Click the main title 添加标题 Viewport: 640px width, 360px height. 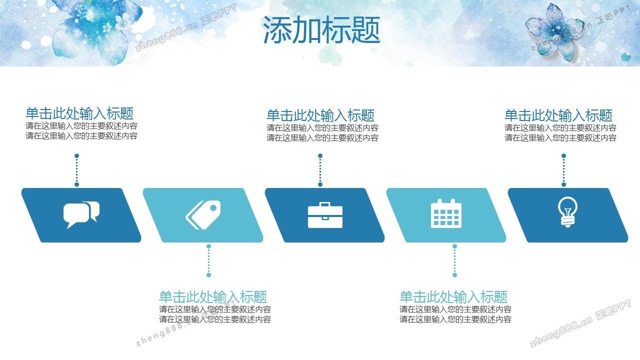321,29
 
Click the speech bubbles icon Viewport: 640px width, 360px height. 81,215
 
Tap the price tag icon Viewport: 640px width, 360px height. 203,215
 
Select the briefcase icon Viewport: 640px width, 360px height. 325,215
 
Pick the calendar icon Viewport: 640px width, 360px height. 446,213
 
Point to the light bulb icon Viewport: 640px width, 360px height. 567,211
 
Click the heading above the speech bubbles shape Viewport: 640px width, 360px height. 79,113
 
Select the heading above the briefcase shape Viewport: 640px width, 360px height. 320,115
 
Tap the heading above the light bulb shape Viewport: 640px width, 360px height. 558,115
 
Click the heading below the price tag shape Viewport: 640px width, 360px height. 213,297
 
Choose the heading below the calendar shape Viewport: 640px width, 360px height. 453,297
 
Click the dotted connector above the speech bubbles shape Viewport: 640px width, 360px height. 76,170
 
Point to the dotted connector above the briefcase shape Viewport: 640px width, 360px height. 320,170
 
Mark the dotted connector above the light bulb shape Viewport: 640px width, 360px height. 563,170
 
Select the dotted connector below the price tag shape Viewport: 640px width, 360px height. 209,260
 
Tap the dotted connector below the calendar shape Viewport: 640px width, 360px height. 455,260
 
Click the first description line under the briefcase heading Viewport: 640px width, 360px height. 322,127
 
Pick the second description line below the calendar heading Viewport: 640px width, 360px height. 455,319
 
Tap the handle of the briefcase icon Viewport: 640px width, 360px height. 325,204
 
